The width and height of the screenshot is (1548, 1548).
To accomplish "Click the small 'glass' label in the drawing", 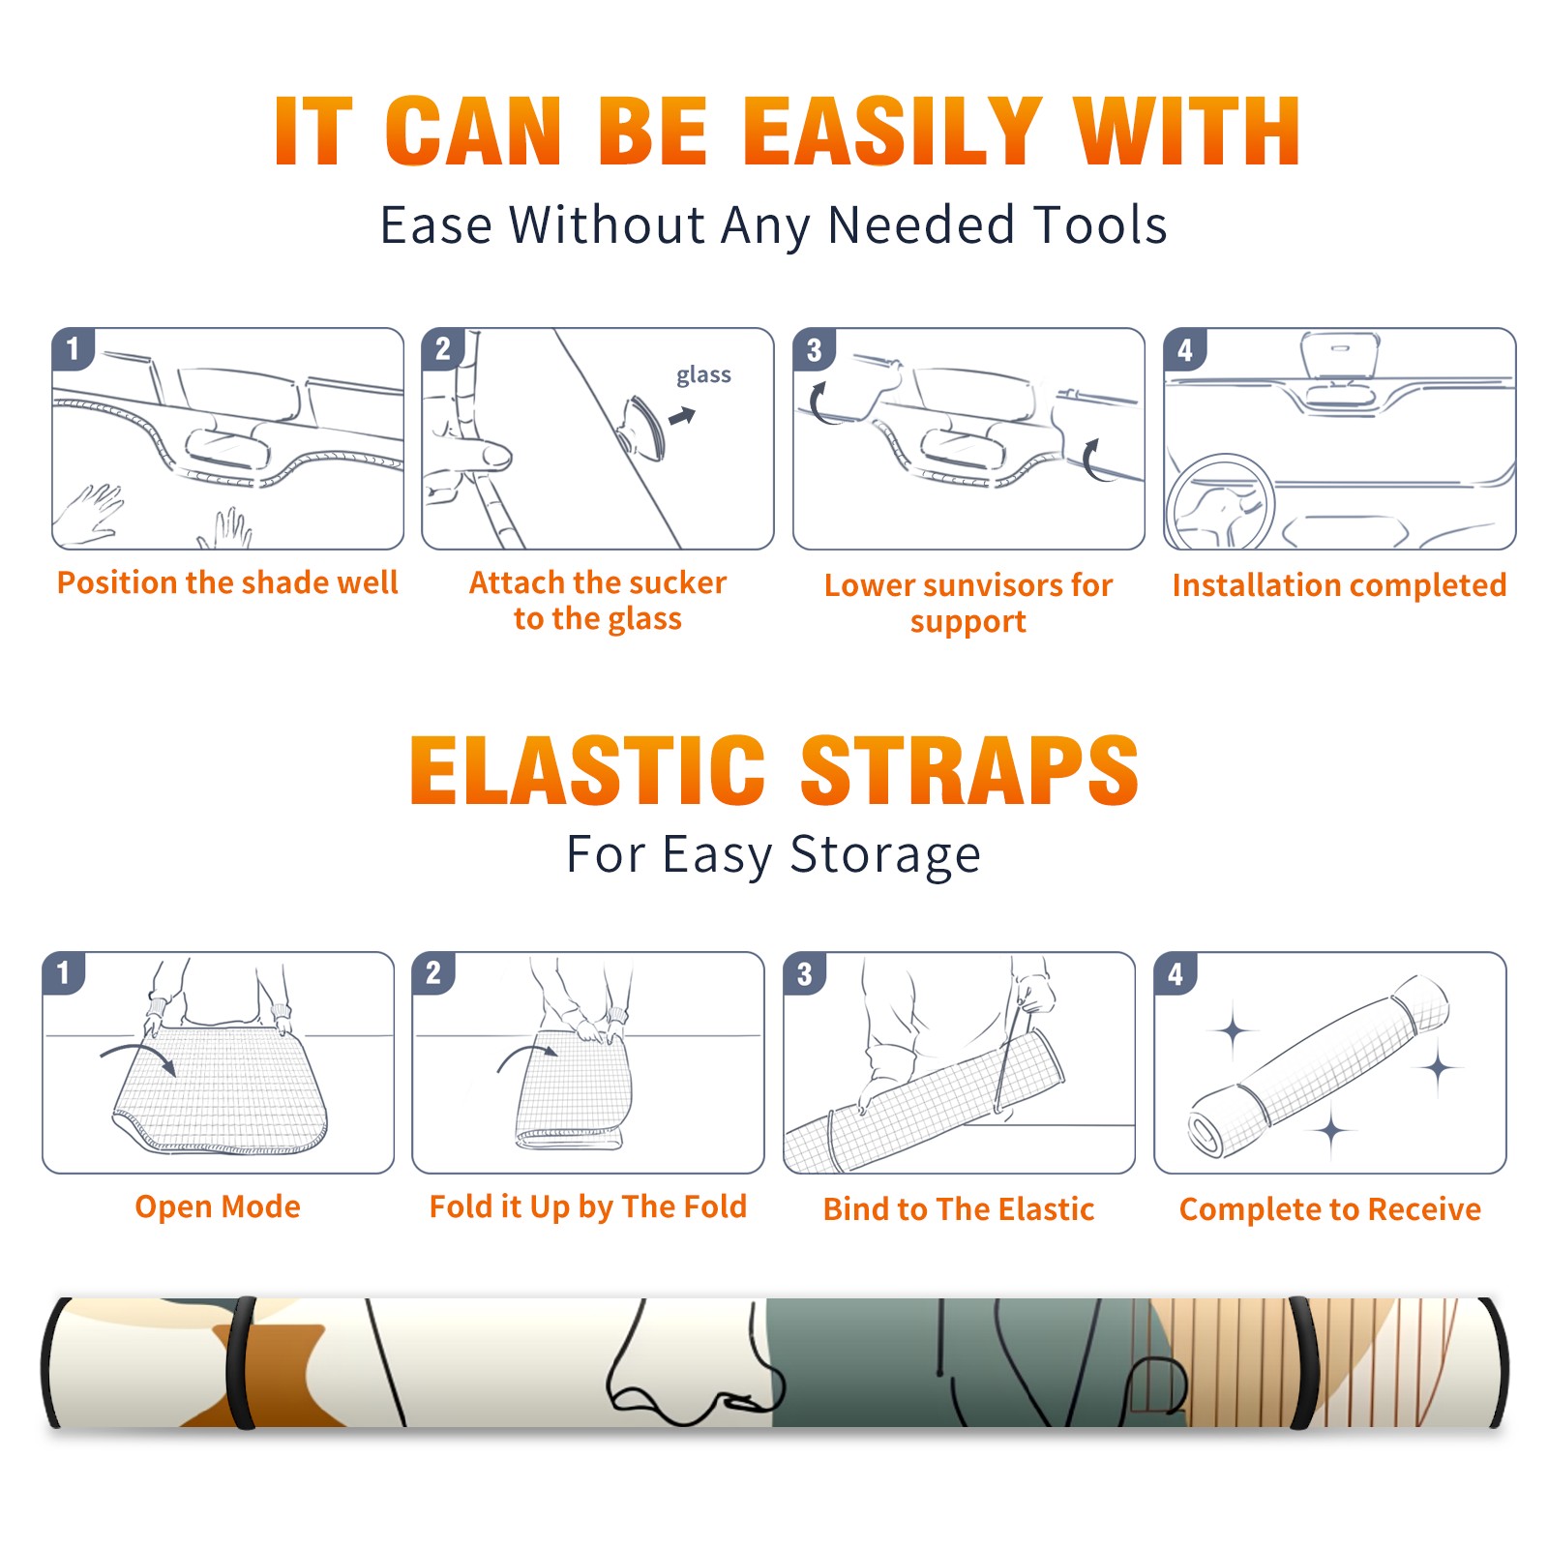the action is pyautogui.click(x=703, y=375).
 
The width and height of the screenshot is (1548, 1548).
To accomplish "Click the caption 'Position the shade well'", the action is pyautogui.click(x=227, y=582).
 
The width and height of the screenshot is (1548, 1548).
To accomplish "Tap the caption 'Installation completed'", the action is pyautogui.click(x=1339, y=584).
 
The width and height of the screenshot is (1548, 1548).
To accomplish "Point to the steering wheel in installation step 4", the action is pyautogui.click(x=1220, y=503).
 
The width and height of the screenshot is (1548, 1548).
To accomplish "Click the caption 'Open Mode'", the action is pyautogui.click(x=218, y=1206).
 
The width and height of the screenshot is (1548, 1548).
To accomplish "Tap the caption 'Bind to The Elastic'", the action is pyautogui.click(x=959, y=1209).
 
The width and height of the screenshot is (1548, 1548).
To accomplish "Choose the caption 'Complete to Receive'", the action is pyautogui.click(x=1330, y=1209).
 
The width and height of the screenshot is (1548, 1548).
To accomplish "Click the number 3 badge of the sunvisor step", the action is pyautogui.click(x=814, y=350).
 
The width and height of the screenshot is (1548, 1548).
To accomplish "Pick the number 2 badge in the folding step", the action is pyautogui.click(x=433, y=973).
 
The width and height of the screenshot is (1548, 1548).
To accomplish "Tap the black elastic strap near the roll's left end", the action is pyautogui.click(x=241, y=1362).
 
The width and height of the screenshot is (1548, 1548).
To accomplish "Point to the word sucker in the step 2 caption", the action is pyautogui.click(x=676, y=582).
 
